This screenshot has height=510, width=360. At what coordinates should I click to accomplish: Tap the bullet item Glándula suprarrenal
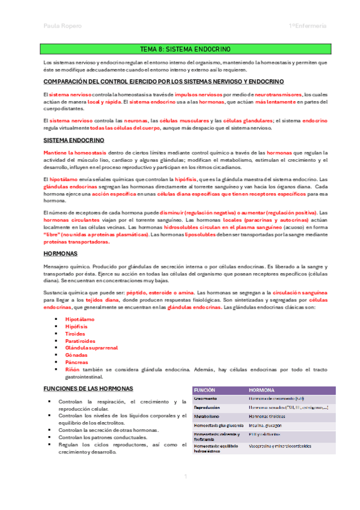pos(91,348)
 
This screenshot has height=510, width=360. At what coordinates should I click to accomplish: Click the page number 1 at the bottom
pos(186,476)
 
